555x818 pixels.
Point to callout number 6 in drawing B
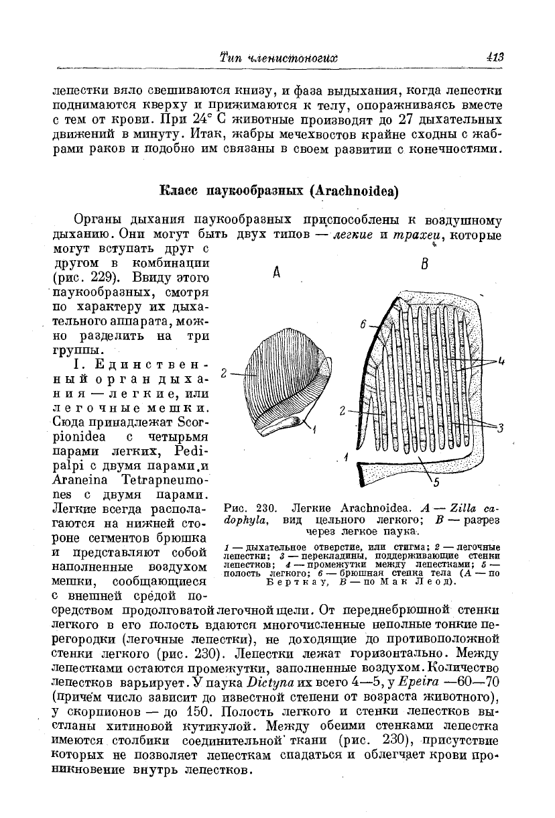(363, 325)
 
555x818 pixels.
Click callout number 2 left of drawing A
(225, 373)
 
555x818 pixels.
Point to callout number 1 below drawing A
(313, 428)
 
